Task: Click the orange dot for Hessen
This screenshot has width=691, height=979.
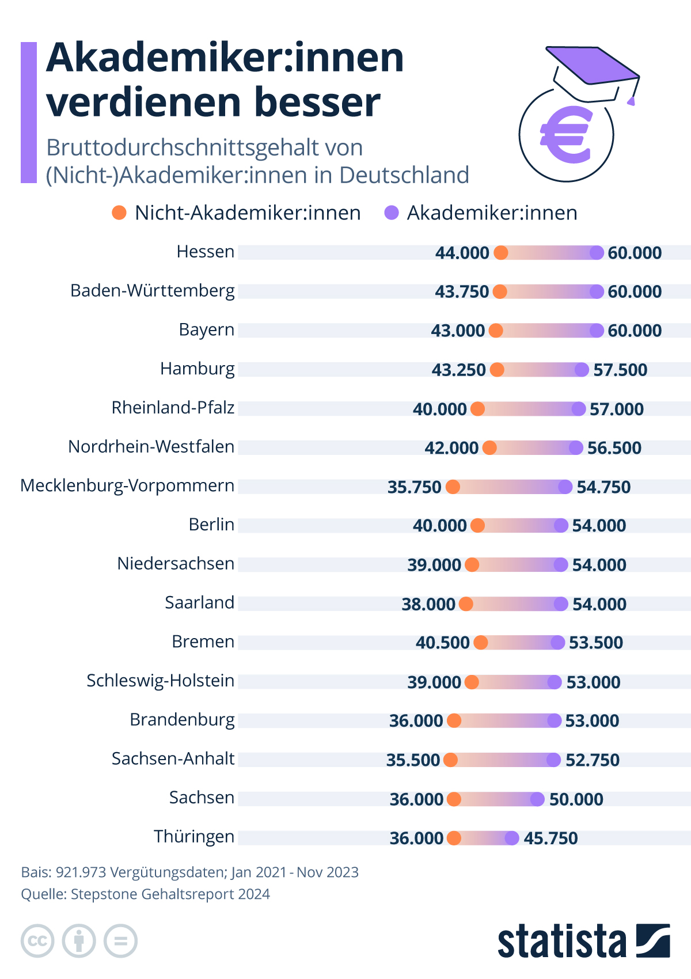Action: coord(501,253)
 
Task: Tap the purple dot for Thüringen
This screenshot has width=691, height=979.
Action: coord(512,838)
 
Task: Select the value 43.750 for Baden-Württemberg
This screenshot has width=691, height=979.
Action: coord(462,291)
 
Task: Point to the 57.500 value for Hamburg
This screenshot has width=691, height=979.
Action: coord(620,370)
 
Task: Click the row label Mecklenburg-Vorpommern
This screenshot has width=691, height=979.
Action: coord(127,486)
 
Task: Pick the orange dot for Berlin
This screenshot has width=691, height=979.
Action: coord(477,525)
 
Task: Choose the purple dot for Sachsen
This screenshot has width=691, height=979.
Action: coord(537,799)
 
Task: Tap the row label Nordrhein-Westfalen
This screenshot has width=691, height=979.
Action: coord(151,447)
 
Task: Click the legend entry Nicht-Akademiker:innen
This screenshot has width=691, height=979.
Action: coord(248,213)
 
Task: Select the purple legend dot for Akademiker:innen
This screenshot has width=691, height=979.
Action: coord(392,213)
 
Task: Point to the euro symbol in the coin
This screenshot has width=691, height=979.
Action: coord(566,135)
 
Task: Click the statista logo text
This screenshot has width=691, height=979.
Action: coord(561,942)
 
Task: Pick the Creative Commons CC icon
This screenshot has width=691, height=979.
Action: coord(37,942)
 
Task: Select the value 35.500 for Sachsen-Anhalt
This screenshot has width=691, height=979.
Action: coord(413,760)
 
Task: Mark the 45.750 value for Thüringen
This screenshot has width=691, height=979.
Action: coord(550,838)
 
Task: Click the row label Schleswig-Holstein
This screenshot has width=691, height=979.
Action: coord(160,681)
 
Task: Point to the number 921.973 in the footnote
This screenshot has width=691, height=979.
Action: coord(81,872)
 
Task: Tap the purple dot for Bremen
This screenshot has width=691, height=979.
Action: coord(557,643)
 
